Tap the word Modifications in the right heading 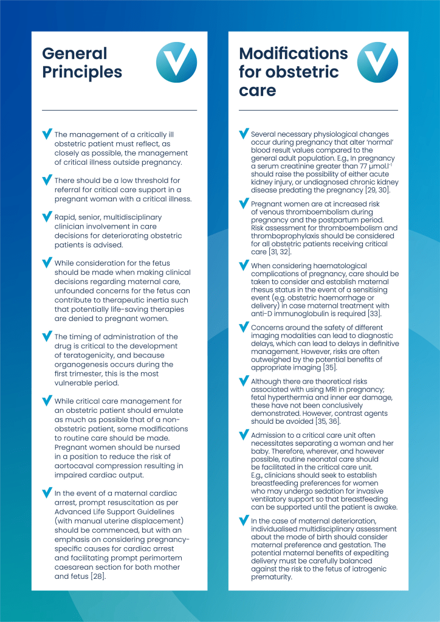(294, 53)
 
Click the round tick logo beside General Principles (176, 63)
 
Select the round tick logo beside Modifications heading (377, 63)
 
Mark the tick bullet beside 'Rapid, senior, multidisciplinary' (46, 216)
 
